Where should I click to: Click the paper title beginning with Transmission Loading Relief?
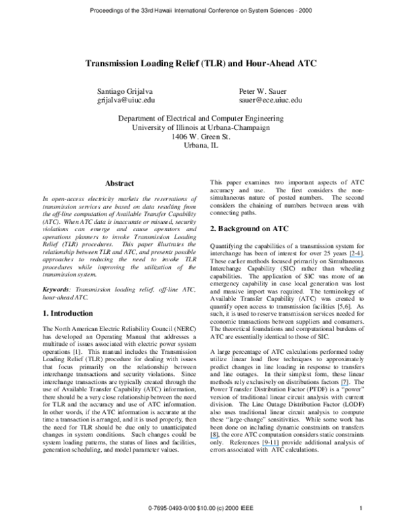pyautogui.click(x=201, y=64)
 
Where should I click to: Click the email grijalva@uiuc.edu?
pyautogui.click(x=127, y=100)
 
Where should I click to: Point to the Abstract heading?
pyautogui.click(x=119, y=183)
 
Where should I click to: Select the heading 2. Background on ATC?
pyautogui.click(x=249, y=229)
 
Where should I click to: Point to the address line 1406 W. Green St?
pyautogui.click(x=201, y=135)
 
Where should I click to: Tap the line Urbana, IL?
pyautogui.click(x=201, y=145)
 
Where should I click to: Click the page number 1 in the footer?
pyautogui.click(x=361, y=508)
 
